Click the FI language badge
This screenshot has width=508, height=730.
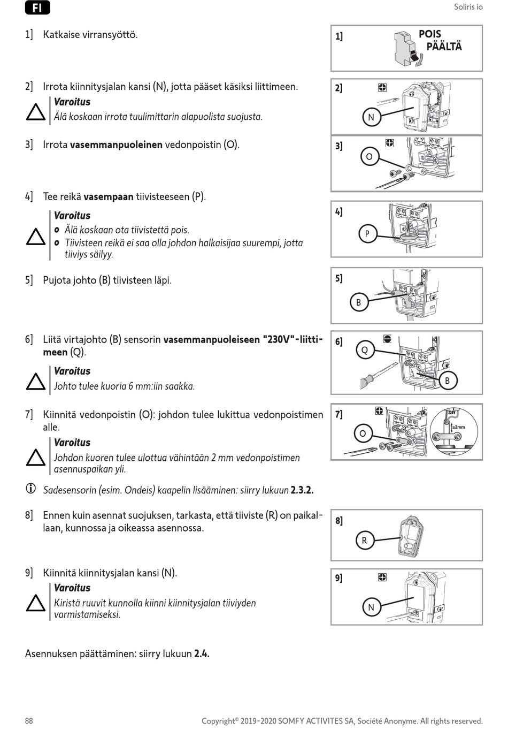[x=37, y=7]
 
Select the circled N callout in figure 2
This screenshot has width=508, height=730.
[x=371, y=117]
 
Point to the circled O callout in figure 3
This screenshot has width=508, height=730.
[x=369, y=157]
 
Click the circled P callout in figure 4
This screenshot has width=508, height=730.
[x=367, y=234]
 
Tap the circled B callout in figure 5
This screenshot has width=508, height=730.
[x=358, y=302]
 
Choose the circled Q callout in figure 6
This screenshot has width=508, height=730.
[x=365, y=350]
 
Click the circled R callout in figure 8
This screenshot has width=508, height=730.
[x=364, y=541]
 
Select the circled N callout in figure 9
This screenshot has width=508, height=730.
[x=371, y=607]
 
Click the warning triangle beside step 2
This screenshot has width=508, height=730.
[x=36, y=112]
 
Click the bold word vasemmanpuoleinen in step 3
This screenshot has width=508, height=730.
[x=116, y=145]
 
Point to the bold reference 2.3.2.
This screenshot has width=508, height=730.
[x=302, y=490]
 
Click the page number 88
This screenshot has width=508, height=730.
[x=29, y=721]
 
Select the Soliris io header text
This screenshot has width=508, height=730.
[x=468, y=7]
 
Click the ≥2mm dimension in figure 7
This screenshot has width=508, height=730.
[x=458, y=427]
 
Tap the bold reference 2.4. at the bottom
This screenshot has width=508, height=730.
[x=202, y=653]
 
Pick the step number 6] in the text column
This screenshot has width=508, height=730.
[x=29, y=339]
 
